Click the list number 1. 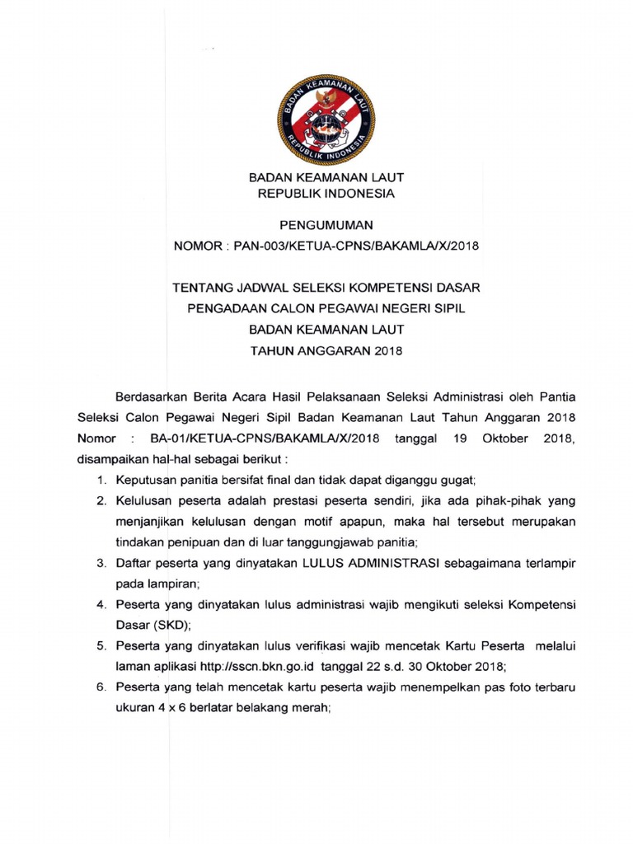pos(101,479)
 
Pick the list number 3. pos(101,563)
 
